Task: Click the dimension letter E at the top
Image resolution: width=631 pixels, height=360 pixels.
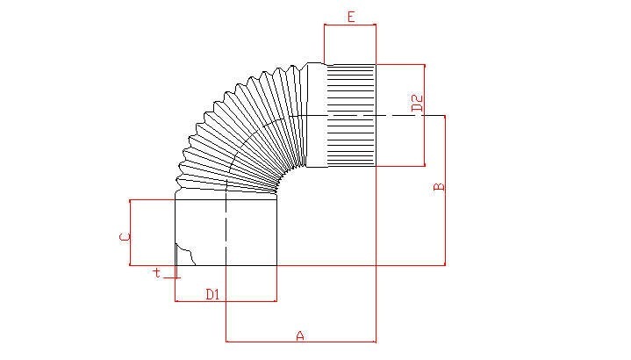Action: coord(351,17)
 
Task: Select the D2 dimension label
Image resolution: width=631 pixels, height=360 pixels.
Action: coord(418,104)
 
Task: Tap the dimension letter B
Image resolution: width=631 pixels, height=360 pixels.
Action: coord(439,187)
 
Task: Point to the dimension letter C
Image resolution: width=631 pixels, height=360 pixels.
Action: coord(125,237)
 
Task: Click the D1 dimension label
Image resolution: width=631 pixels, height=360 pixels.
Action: coord(213,294)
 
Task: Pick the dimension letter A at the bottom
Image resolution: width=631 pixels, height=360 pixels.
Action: coord(300,335)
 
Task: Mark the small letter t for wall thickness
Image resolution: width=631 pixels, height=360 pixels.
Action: coord(157,272)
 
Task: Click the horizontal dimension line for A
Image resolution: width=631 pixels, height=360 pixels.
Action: coord(301,342)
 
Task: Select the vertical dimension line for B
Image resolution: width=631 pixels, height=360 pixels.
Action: coord(445,191)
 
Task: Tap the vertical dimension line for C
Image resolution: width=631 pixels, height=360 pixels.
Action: coord(131,233)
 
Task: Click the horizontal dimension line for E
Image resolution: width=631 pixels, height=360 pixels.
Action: coord(350,25)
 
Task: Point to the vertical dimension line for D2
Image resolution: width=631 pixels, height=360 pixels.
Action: coord(425,115)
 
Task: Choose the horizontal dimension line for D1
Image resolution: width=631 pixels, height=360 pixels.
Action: coord(226,301)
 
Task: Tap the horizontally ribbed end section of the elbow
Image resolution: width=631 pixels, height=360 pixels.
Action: coord(351,115)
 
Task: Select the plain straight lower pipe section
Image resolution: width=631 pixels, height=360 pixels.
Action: coord(226,233)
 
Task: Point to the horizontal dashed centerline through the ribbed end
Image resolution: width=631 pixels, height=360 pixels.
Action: coord(366,116)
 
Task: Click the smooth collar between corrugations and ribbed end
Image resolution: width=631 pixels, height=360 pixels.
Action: coord(316,115)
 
